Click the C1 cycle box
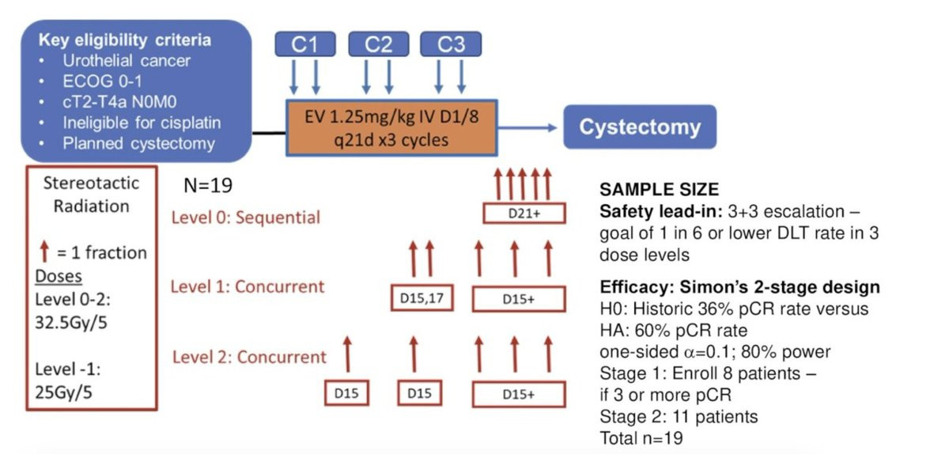coord(304,45)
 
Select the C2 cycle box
coord(378,45)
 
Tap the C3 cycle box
coord(451,45)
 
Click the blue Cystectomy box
coord(639,127)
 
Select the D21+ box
coord(524,214)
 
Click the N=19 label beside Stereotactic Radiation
coord(207,187)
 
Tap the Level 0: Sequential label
coord(245,217)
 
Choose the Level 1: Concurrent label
coord(248,286)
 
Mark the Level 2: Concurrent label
coord(249,357)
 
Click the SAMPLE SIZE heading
coord(659,190)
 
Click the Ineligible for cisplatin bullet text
coord(142,123)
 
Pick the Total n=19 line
coord(640,437)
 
